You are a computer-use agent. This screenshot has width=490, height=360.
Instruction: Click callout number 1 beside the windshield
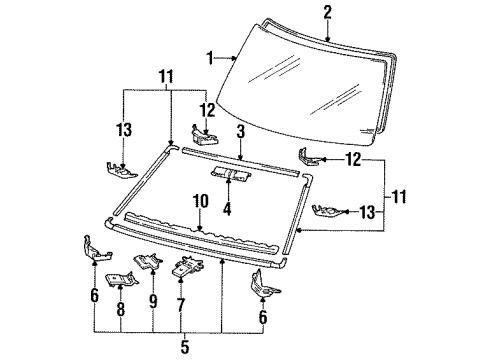pos(210,58)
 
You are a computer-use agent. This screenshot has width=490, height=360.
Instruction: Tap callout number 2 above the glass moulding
pos(328,12)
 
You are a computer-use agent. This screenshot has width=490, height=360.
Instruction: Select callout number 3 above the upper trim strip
pos(241,131)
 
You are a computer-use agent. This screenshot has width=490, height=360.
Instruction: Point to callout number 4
pos(227,208)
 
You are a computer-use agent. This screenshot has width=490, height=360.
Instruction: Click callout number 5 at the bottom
pos(185,347)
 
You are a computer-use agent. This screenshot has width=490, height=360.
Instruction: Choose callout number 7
pos(181,305)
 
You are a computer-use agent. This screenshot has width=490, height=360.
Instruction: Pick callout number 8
pos(120,309)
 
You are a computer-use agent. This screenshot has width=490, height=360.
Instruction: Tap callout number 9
pos(153,301)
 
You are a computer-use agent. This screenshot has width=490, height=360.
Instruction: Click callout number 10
pos(201,201)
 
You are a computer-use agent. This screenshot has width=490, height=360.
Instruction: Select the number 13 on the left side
pos(124,130)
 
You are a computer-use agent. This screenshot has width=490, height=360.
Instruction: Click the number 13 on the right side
pos(367,212)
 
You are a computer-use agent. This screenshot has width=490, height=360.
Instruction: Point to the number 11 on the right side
pos(399,197)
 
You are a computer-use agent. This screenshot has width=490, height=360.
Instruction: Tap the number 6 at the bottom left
pos(95,295)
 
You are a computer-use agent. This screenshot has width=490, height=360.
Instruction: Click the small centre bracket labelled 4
pos(231,174)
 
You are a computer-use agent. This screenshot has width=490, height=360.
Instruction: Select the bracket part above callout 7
pos(188,266)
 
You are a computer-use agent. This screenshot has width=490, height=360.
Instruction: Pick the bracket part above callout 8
pos(121,279)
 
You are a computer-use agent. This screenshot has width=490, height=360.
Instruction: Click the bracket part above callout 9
pos(148,261)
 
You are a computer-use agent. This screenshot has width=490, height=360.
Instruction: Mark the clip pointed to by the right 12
pos(309,157)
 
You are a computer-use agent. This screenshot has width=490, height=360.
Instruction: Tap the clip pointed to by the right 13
pos(327,212)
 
